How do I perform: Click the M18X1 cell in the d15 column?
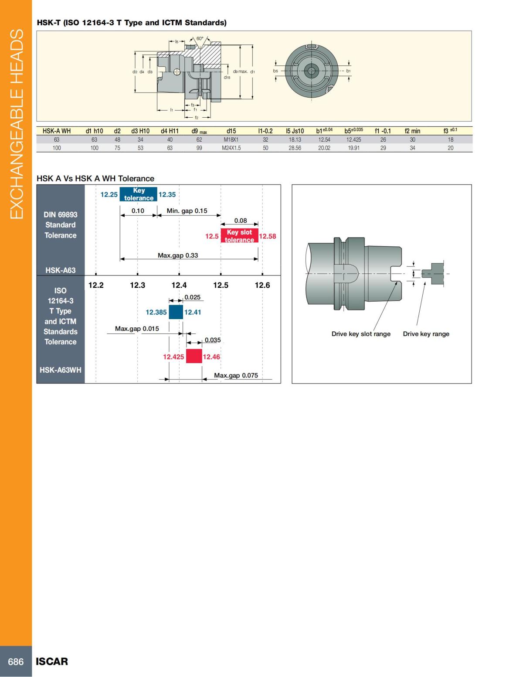[231, 140]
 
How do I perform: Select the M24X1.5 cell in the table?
[231, 148]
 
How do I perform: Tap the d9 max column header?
[199, 131]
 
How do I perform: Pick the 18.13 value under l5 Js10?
[295, 140]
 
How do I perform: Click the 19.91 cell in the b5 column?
[353, 148]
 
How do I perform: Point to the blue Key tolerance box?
[138, 194]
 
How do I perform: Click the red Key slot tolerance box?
[239, 236]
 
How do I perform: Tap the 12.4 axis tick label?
[179, 285]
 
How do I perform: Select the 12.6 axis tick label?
[262, 285]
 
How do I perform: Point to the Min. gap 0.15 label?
[187, 211]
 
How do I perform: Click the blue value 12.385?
[156, 313]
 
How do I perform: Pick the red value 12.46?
[211, 357]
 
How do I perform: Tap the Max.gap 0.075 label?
[236, 375]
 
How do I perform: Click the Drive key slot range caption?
[361, 334]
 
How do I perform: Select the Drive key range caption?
[426, 334]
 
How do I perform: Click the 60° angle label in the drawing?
[200, 39]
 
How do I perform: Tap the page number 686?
[16, 662]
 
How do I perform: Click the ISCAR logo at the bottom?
[52, 662]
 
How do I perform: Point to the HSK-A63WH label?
[61, 370]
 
